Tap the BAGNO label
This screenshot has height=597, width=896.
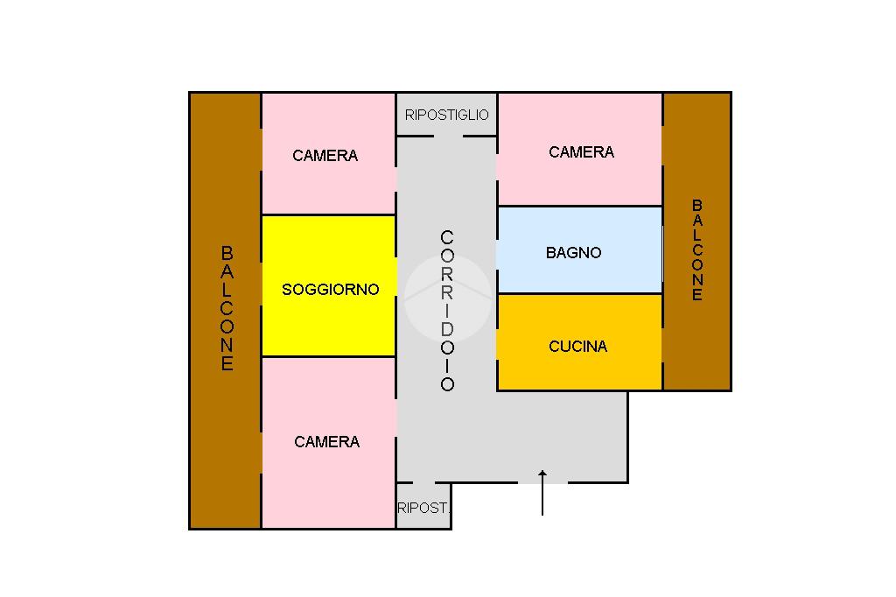[x=574, y=253]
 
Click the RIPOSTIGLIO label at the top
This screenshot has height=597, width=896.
[x=447, y=116]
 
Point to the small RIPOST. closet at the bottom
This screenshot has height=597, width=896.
[x=423, y=507]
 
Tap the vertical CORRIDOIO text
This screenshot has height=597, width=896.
[x=447, y=311]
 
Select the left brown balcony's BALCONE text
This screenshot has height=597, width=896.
[x=227, y=308]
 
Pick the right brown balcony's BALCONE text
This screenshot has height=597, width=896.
[x=697, y=249]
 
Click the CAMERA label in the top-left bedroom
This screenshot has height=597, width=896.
[x=325, y=156]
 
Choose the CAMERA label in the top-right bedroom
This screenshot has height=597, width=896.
[x=582, y=152]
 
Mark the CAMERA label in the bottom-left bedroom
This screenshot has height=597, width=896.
[x=327, y=442]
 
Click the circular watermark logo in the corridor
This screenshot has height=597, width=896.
[x=447, y=298]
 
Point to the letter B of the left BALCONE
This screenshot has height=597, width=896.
[x=227, y=253]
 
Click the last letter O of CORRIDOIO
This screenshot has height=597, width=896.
[x=447, y=384]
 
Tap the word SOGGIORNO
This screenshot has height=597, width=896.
[x=331, y=290]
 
